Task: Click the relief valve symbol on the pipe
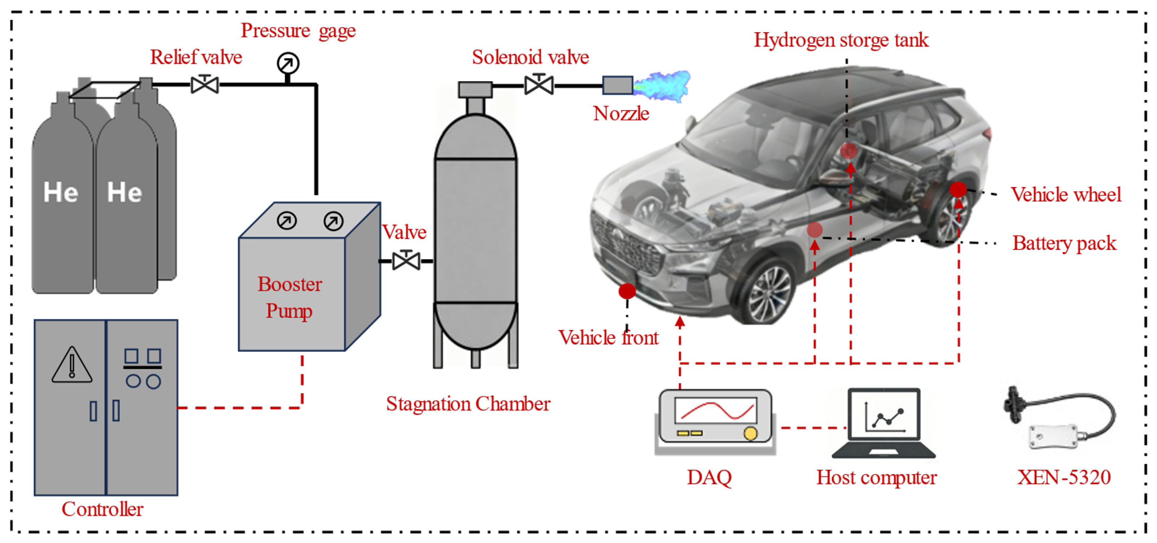click(205, 84)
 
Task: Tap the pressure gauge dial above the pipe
click(288, 64)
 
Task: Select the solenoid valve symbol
click(539, 84)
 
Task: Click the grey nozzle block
click(618, 85)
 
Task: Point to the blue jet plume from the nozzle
click(662, 86)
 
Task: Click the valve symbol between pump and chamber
click(406, 261)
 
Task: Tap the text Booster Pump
click(290, 297)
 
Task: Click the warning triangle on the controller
click(72, 365)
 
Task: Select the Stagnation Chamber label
click(468, 404)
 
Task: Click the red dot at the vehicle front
click(627, 291)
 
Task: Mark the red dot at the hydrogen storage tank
click(849, 150)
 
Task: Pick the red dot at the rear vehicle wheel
click(957, 190)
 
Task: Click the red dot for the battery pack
click(814, 230)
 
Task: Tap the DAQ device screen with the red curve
click(715, 410)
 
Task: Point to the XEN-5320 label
click(1064, 477)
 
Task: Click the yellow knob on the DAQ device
click(750, 433)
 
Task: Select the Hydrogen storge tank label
click(841, 40)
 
